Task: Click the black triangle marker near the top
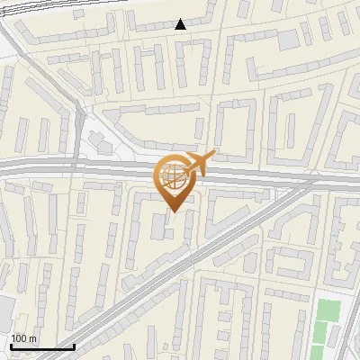coord(181,24)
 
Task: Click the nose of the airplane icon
coord(213,155)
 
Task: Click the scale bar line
coord(41,346)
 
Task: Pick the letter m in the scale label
coord(32,338)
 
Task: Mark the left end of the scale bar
coord(10,346)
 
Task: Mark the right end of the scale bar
coord(74,346)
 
